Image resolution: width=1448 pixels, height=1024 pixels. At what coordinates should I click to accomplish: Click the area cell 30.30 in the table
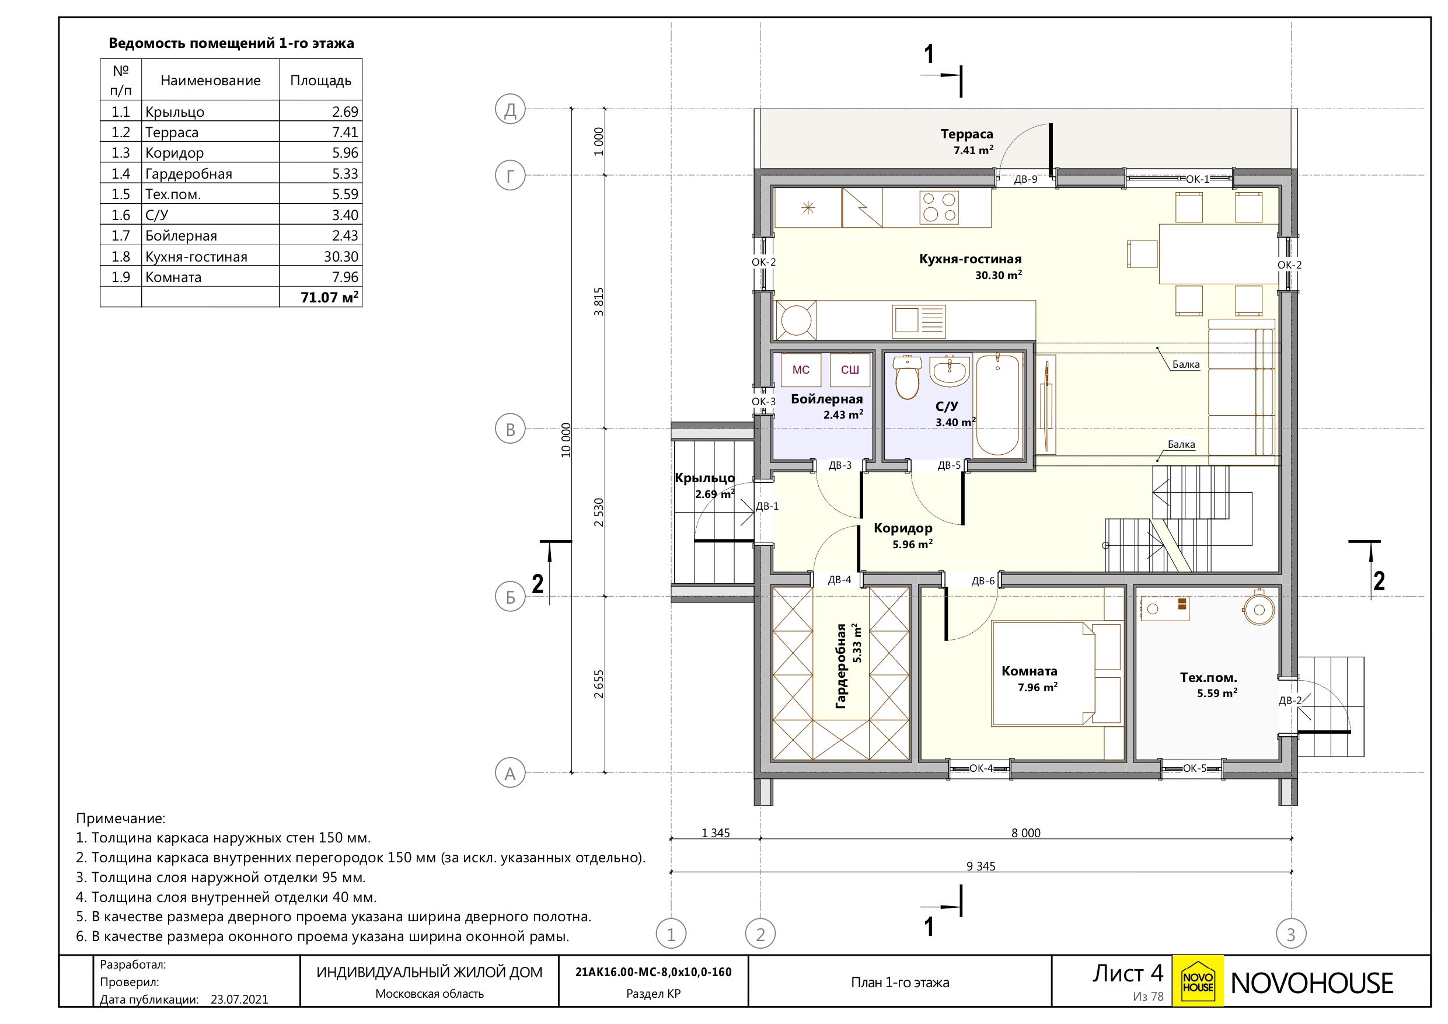[x=341, y=257]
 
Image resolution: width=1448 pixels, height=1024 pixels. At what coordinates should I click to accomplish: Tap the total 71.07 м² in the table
[x=329, y=297]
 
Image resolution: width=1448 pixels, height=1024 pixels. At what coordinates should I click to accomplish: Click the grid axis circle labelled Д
[x=510, y=109]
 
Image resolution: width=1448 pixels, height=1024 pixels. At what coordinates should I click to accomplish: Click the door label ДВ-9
[x=1025, y=179]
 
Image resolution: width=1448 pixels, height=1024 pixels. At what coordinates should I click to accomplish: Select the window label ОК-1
[x=1198, y=179]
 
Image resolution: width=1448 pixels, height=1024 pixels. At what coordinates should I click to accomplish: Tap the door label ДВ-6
[x=983, y=581]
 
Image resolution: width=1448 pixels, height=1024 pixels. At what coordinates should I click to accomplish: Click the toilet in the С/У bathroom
[x=908, y=378]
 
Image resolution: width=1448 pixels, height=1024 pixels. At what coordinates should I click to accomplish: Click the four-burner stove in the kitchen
[x=939, y=208]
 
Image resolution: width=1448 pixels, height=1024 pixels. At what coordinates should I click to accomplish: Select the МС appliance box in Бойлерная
[x=801, y=370]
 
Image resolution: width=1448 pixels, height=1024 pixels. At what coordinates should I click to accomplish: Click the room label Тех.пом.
[x=1208, y=678]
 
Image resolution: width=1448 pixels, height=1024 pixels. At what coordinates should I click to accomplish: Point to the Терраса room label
[x=967, y=134]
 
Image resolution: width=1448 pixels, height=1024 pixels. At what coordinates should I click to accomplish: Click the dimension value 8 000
[x=1026, y=833]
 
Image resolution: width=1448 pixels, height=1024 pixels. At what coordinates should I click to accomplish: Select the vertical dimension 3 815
[x=598, y=302]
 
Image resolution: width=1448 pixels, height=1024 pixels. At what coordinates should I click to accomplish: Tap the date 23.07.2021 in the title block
[x=240, y=999]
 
